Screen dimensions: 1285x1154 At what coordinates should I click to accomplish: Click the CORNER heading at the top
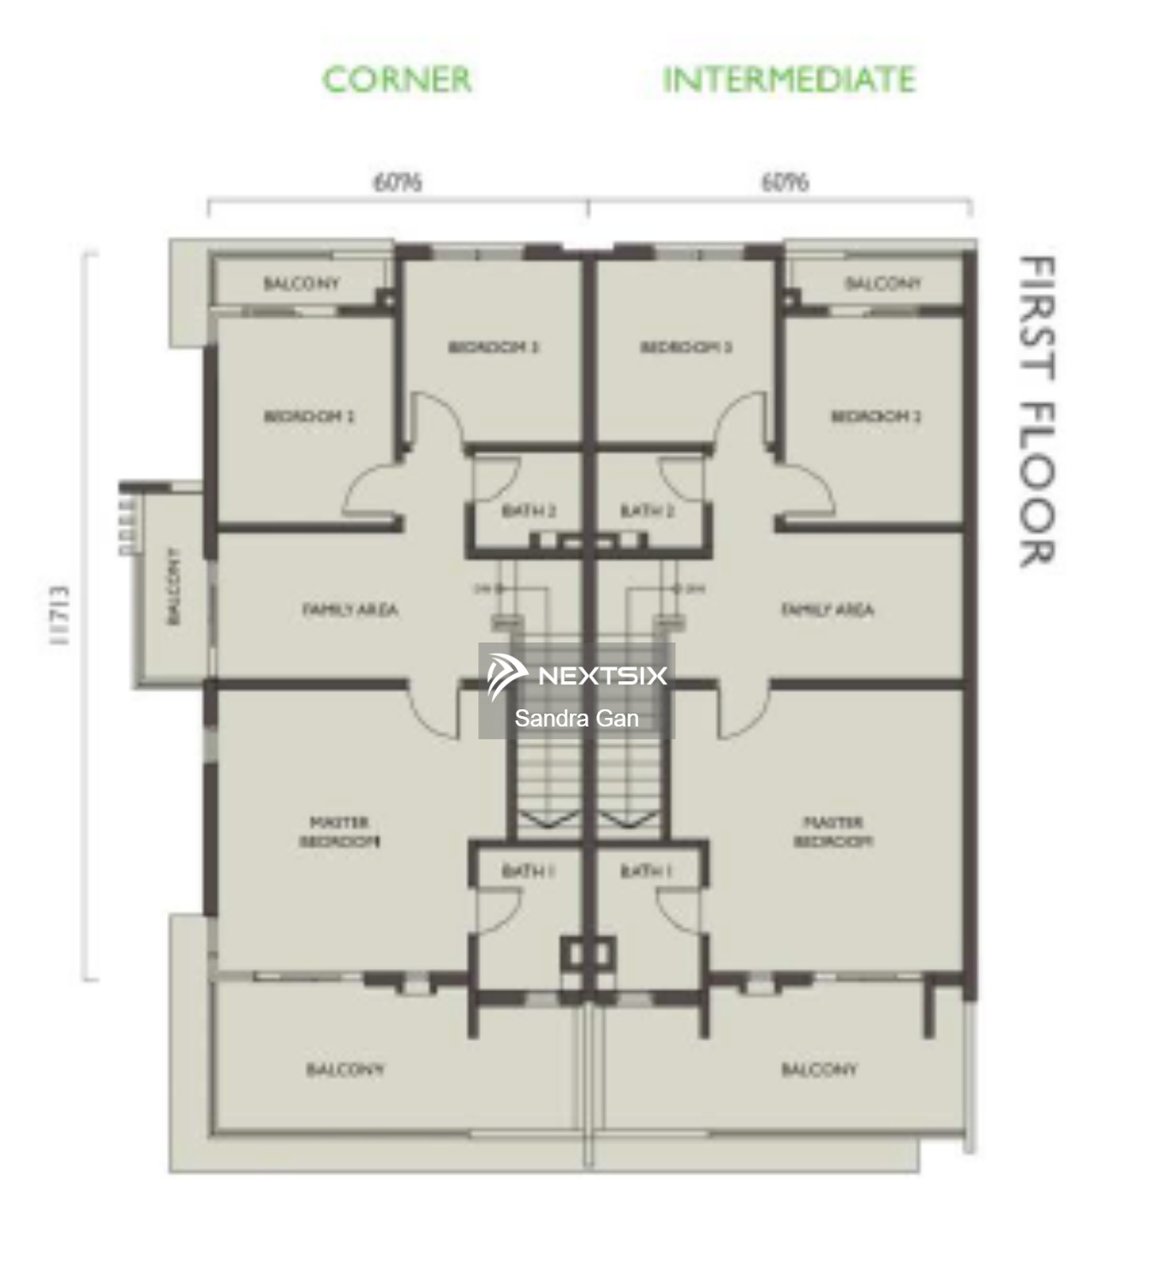(397, 80)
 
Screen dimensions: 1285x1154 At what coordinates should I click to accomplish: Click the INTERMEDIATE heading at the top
(789, 80)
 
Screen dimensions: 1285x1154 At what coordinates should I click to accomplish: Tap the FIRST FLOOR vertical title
(1037, 411)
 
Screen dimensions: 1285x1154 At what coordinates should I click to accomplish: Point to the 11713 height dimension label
(59, 616)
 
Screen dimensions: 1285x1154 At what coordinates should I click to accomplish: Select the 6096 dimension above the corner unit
(398, 182)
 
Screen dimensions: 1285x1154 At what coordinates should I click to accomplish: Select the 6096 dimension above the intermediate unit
(785, 182)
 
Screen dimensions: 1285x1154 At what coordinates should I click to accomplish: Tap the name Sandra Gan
(577, 719)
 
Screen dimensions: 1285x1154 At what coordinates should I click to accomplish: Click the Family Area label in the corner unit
(350, 610)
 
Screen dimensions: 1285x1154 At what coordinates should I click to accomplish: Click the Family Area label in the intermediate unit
(828, 610)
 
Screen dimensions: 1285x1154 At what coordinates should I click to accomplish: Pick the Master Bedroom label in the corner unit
(339, 832)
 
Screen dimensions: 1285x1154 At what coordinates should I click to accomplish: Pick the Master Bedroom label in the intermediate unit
(834, 832)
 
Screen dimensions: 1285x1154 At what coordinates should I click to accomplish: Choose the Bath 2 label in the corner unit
(529, 511)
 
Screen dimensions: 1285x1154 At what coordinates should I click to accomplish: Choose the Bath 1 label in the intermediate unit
(647, 871)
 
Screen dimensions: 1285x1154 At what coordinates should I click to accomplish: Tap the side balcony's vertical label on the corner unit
(174, 587)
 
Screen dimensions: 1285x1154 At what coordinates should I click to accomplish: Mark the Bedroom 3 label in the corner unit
(493, 347)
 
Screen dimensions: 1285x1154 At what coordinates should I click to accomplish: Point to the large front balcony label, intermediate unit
(819, 1069)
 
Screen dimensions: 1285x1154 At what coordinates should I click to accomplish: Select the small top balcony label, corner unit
(302, 284)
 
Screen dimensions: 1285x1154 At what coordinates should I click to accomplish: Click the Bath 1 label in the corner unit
(529, 871)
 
